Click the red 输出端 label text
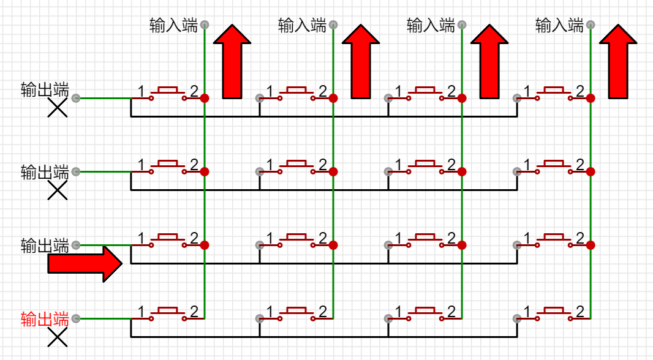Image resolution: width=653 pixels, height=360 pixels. pyautogui.click(x=44, y=319)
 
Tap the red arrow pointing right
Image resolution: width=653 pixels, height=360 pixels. pyautogui.click(x=86, y=264)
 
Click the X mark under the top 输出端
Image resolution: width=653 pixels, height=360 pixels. pyautogui.click(x=58, y=109)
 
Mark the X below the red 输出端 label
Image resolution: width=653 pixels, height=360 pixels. pyautogui.click(x=58, y=337)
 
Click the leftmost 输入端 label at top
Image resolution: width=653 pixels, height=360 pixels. pyautogui.click(x=173, y=25)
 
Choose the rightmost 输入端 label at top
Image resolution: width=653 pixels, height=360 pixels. pyautogui.click(x=559, y=25)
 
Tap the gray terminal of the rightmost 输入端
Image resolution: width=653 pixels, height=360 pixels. pyautogui.click(x=591, y=24)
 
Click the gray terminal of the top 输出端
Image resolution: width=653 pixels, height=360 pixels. pyautogui.click(x=76, y=98)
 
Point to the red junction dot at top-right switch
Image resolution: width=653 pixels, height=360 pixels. pyautogui.click(x=591, y=98)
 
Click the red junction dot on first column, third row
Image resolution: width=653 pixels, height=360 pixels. pyautogui.click(x=205, y=245)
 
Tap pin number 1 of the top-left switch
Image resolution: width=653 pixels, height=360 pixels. pyautogui.click(x=141, y=92)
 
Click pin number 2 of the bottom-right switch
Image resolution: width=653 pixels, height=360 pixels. pyautogui.click(x=579, y=312)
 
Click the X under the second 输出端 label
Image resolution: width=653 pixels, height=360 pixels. pyautogui.click(x=58, y=191)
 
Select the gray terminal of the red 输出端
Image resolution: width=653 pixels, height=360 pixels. pyautogui.click(x=76, y=318)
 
